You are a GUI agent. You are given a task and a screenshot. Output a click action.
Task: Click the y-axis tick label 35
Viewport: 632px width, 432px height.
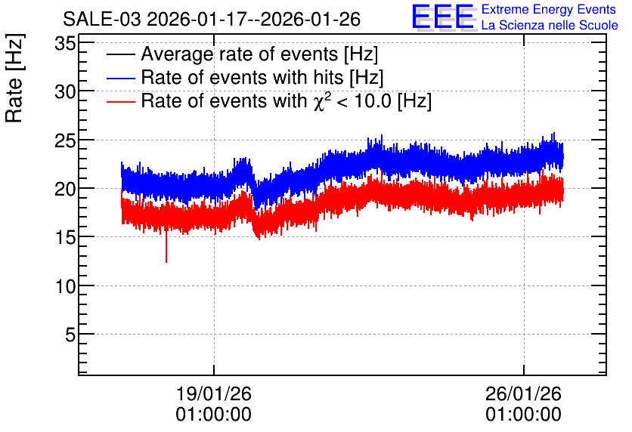(65, 44)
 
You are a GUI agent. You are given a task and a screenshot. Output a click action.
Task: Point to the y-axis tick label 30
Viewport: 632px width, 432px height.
(65, 92)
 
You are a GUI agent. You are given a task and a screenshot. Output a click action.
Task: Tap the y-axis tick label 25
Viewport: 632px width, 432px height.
(65, 140)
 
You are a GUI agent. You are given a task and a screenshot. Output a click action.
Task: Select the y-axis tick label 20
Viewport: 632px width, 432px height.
(65, 189)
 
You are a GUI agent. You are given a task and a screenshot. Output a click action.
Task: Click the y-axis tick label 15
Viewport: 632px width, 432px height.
(65, 238)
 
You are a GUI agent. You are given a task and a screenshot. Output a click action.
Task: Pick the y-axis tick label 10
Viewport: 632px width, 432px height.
(65, 286)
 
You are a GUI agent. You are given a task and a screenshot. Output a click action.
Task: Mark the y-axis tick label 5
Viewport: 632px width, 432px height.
(70, 335)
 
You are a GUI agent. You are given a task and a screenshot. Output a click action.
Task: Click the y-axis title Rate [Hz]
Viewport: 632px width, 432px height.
(14, 78)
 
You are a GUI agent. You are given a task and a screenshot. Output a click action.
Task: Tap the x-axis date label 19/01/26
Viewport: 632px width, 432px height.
(214, 393)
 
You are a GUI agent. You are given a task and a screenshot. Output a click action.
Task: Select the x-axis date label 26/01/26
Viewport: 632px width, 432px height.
(523, 393)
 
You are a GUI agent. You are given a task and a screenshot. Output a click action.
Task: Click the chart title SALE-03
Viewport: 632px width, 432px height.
(102, 19)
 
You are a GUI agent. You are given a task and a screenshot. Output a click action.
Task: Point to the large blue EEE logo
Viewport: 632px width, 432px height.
(443, 17)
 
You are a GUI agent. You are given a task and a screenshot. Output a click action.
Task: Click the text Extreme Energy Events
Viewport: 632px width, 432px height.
(549, 9)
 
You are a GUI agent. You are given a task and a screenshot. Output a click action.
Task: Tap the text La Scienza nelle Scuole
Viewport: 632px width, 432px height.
(550, 26)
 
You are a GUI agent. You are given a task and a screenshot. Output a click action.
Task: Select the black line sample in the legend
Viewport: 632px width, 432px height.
(120, 54)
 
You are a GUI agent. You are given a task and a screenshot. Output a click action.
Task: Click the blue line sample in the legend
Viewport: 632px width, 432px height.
(120, 78)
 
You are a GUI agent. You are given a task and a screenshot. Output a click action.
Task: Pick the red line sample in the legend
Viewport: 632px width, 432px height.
(120, 101)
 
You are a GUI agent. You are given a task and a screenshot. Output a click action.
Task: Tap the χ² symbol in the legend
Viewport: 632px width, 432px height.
(319, 100)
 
